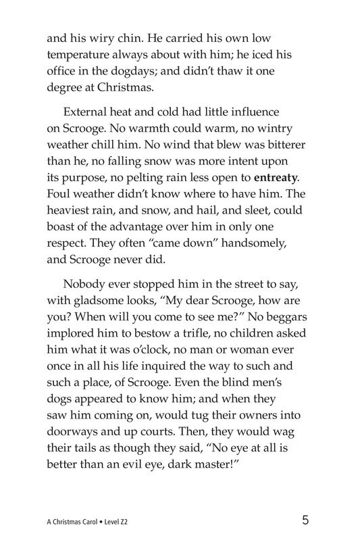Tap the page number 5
point(306,520)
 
